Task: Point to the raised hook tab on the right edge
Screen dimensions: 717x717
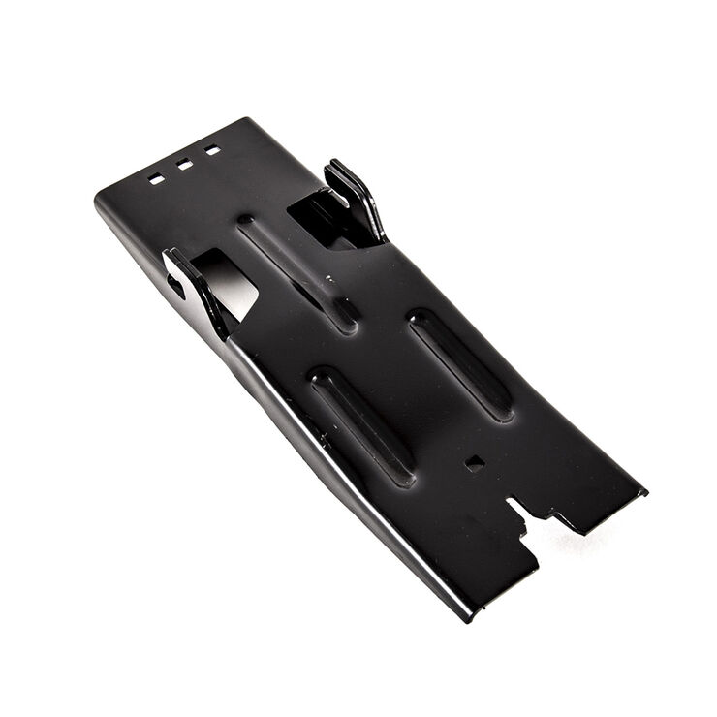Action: pos(355,200)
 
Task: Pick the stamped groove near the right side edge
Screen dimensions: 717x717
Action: pos(460,362)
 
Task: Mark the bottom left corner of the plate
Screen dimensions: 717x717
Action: pos(471,616)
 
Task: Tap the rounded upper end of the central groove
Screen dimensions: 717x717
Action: pos(247,223)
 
